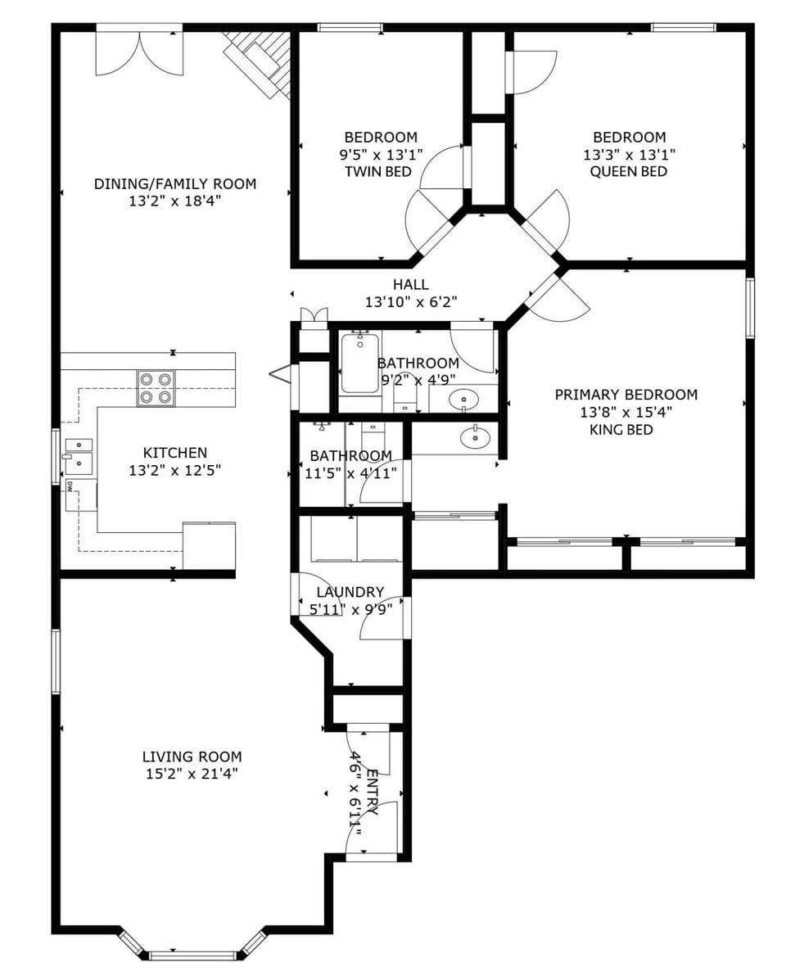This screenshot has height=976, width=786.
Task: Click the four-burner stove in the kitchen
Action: (x=156, y=387)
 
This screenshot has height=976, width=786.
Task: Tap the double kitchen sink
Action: (x=79, y=456)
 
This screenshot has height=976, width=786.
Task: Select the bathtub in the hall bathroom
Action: (x=359, y=363)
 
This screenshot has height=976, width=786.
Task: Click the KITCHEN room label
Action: (x=175, y=453)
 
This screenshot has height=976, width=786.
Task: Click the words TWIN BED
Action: (x=377, y=172)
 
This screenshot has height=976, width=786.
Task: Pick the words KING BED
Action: (x=621, y=430)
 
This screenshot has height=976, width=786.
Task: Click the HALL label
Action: (x=410, y=285)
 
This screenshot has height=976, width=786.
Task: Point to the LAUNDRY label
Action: (x=350, y=592)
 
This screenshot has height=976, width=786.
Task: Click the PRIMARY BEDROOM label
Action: (x=626, y=395)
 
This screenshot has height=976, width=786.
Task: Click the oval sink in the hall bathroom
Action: (x=463, y=400)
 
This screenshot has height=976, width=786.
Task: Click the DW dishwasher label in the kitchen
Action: (x=70, y=486)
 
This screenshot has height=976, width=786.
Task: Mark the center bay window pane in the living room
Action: (x=192, y=955)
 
